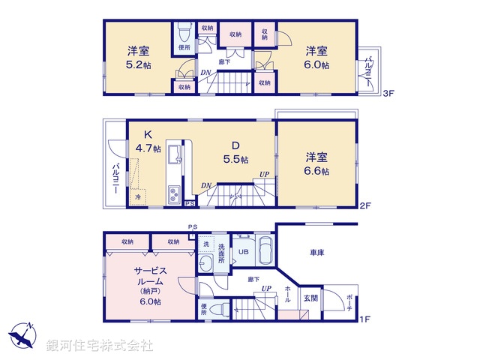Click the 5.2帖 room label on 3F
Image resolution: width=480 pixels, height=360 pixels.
click(x=136, y=58)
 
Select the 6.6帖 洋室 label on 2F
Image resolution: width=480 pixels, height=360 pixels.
click(x=316, y=163)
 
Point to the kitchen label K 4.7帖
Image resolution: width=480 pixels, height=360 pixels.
click(x=148, y=141)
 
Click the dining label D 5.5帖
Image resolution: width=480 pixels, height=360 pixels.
click(x=234, y=152)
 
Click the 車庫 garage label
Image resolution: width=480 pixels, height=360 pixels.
click(x=315, y=253)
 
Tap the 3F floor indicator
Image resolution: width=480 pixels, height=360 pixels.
click(x=388, y=94)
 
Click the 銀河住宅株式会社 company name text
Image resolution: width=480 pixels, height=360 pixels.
click(x=100, y=346)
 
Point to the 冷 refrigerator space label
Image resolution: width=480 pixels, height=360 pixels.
click(x=138, y=196)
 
